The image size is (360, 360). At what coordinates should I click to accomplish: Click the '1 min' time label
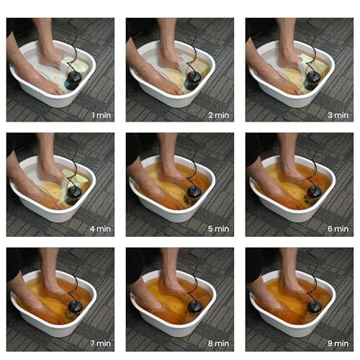point(100,114)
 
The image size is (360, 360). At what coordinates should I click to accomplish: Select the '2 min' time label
point(220,114)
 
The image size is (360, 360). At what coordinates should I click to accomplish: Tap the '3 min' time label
point(339,114)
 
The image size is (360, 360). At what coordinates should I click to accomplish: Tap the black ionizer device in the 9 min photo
point(313,307)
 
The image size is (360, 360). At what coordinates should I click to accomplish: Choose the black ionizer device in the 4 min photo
point(74,193)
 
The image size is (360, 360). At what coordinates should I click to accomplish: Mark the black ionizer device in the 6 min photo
point(313,193)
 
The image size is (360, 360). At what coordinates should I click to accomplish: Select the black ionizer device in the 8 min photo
point(194,307)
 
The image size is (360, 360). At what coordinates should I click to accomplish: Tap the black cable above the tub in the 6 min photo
point(314,152)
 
